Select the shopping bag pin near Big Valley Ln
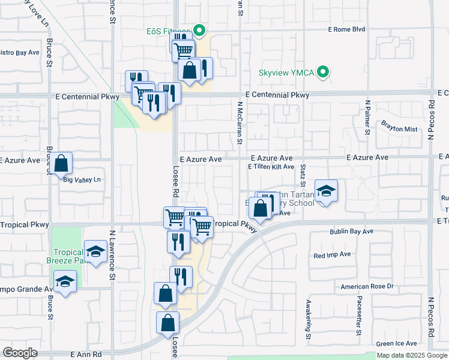(x=61, y=163)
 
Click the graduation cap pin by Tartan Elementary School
(x=326, y=191)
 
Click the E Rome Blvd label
(x=346, y=29)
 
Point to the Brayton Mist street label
(x=399, y=129)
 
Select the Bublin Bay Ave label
(x=351, y=231)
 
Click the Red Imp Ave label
(x=332, y=254)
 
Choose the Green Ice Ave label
(x=397, y=343)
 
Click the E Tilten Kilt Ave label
(x=271, y=166)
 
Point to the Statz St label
(x=304, y=178)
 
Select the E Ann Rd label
(x=86, y=355)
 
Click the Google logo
(x=20, y=353)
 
